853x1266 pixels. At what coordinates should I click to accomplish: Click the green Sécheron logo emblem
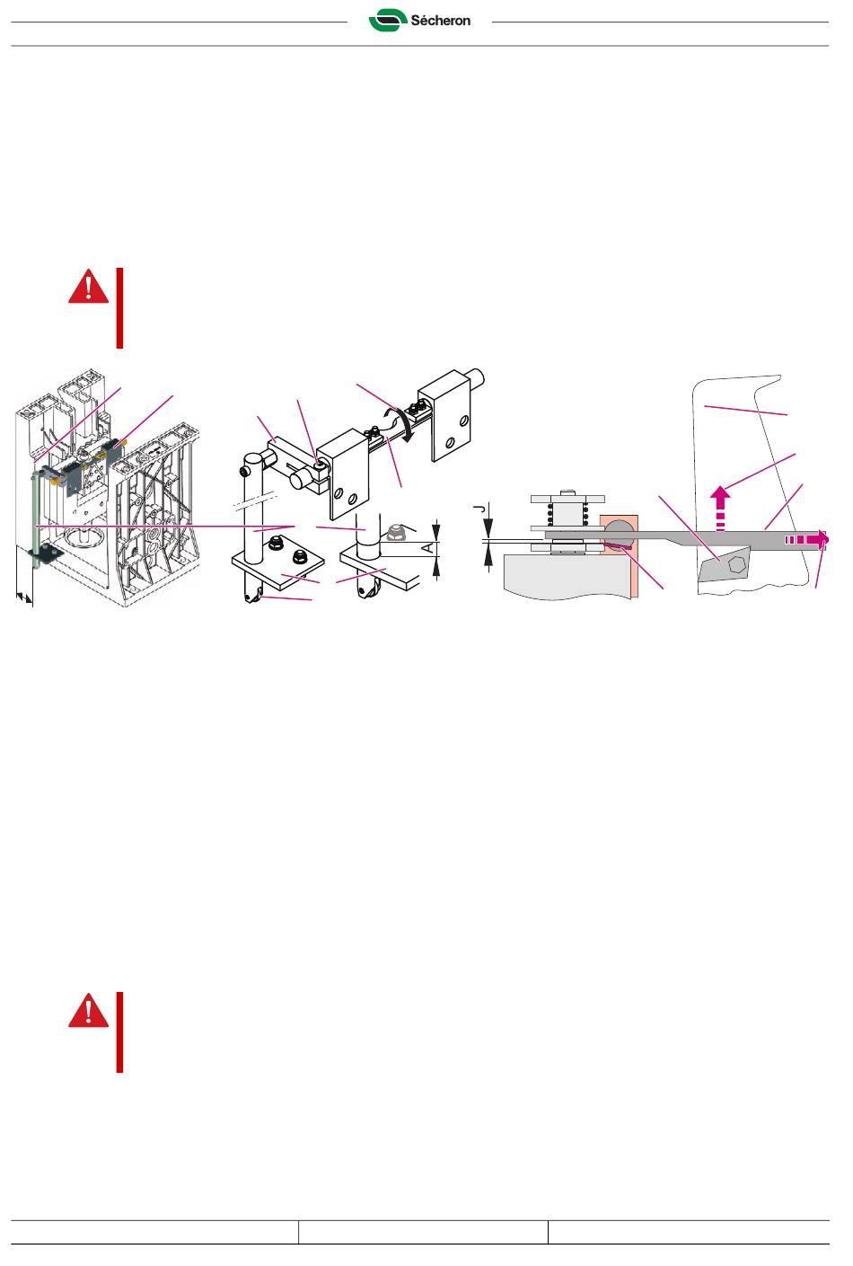388,20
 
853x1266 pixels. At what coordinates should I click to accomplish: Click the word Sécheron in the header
441,21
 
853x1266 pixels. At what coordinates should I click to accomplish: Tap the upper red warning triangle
88,287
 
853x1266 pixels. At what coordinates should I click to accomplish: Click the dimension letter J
480,509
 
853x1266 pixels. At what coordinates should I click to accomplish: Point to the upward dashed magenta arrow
720,509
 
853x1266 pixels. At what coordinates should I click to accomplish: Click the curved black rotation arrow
404,424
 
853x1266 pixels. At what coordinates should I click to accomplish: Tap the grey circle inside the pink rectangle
619,532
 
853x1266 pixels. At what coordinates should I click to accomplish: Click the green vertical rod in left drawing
35,513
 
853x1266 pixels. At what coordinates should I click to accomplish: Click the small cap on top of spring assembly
567,493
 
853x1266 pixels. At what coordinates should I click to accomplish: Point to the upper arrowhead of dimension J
488,529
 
